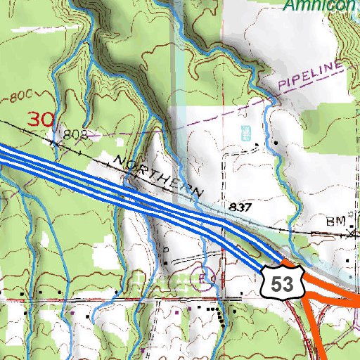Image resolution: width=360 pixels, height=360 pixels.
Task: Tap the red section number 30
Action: click(x=40, y=119)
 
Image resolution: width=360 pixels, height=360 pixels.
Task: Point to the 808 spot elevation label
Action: click(x=74, y=133)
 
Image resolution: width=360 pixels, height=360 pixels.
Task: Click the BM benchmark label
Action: click(x=333, y=221)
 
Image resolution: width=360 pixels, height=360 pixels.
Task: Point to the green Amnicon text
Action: click(x=320, y=5)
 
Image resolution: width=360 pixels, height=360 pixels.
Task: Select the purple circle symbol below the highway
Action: click(x=205, y=275)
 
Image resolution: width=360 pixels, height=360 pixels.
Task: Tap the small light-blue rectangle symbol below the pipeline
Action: click(x=245, y=131)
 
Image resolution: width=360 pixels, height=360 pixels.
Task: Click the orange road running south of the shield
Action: click(x=312, y=330)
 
